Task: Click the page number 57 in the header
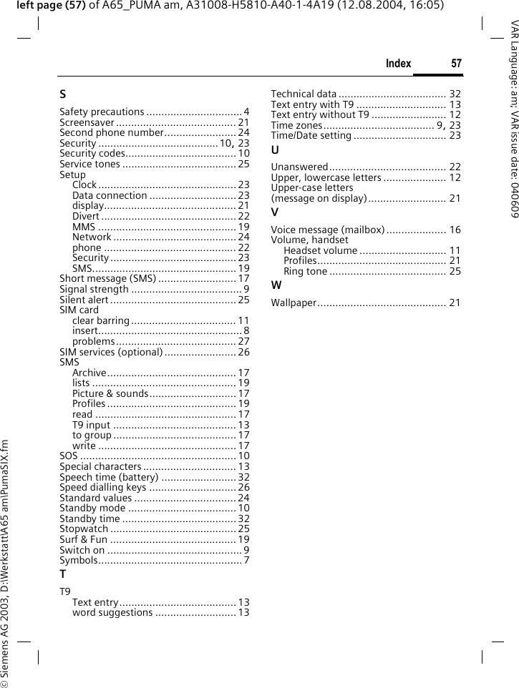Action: point(456,64)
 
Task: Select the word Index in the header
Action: point(398,64)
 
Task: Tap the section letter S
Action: point(64,94)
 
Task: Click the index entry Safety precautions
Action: point(102,112)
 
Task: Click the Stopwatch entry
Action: point(84,529)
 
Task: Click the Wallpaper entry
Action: point(294,303)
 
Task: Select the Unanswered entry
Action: point(299,167)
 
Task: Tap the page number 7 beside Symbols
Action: point(246,560)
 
